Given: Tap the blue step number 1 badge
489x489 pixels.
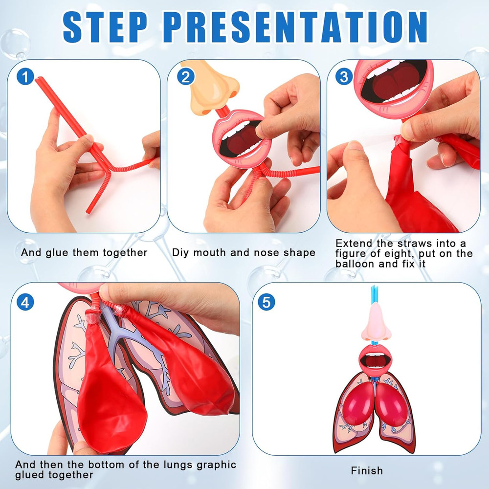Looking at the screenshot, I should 25,77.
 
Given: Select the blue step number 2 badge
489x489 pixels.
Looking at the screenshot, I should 185,77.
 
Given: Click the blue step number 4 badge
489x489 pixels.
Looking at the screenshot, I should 25,302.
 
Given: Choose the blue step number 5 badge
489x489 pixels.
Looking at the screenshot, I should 266,302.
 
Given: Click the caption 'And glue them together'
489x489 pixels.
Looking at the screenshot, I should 84,253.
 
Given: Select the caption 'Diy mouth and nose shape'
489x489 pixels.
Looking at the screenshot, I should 244,253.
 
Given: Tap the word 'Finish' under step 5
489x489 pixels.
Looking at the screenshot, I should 367,471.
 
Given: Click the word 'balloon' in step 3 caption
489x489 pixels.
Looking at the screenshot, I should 354,264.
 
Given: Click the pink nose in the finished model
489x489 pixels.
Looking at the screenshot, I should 377,322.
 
